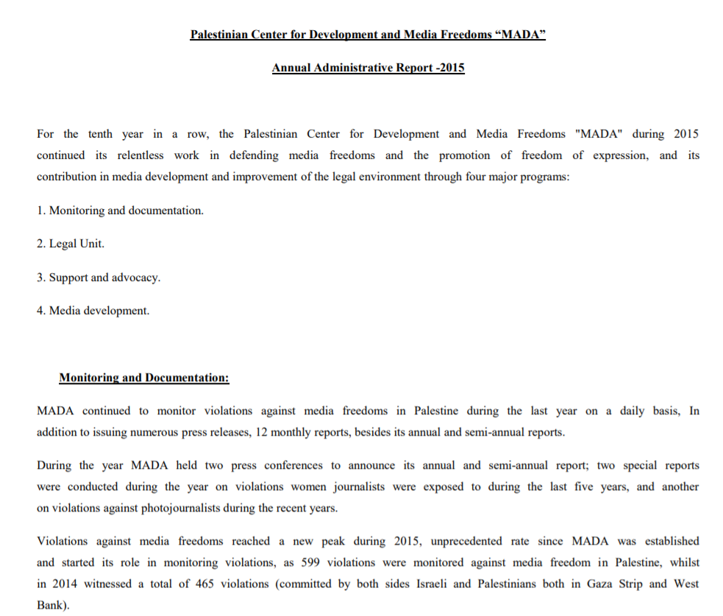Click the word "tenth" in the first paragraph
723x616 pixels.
(x=100, y=134)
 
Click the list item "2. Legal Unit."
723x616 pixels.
(x=71, y=244)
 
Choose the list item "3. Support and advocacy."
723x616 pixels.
(x=99, y=277)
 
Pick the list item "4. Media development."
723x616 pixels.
(x=93, y=311)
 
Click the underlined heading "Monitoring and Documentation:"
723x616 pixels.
(x=144, y=378)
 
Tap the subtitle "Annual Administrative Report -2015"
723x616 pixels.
(x=368, y=68)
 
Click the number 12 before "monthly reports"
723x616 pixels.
(x=261, y=432)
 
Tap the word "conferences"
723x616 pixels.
(x=293, y=465)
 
